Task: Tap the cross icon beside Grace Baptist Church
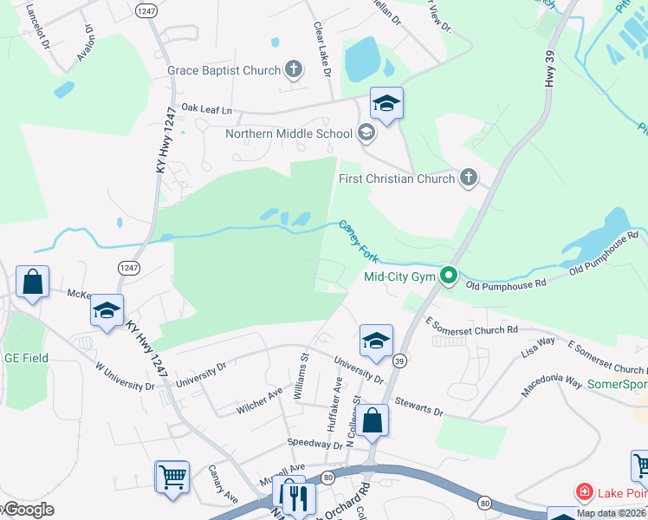point(294,69)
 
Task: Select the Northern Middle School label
point(288,133)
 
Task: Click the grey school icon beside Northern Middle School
point(366,133)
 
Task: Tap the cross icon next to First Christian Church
point(469,179)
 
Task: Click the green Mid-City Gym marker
point(448,277)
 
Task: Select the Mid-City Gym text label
point(399,277)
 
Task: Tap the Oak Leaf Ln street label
point(207,110)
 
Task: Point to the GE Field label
point(26,358)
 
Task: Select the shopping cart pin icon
point(172,477)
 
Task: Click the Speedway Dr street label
point(315,444)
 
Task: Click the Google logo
point(28,510)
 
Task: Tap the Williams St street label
point(302,374)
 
